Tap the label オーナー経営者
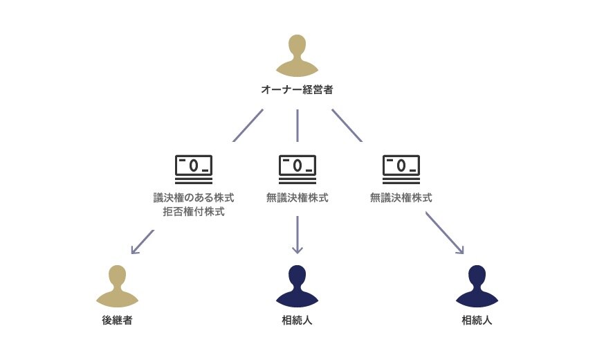coord(297,89)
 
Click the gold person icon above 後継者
coord(117,286)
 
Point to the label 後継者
coord(117,321)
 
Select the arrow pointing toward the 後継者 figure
coord(142,242)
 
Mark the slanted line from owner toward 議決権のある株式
coord(248,125)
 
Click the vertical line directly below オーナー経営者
coord(297,125)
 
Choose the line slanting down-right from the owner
coord(347,125)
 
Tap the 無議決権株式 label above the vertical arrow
coord(297,198)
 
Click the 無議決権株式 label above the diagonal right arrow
coord(401,198)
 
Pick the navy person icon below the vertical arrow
coord(297,286)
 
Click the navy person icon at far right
coord(477,286)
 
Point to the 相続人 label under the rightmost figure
coord(477,321)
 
